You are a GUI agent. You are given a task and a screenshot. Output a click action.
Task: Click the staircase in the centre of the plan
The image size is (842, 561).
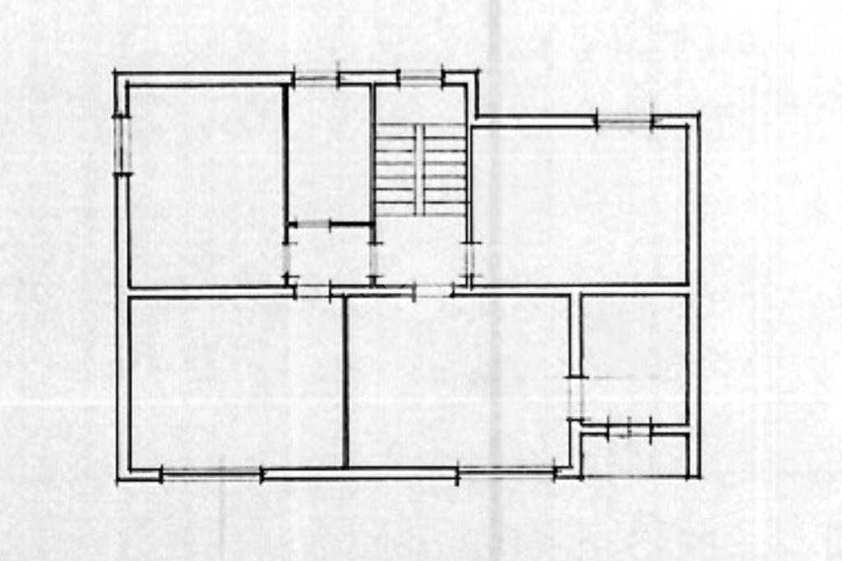pyautogui.click(x=419, y=169)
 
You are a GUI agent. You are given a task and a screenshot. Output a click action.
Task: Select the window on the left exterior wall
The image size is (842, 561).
pyautogui.click(x=123, y=145)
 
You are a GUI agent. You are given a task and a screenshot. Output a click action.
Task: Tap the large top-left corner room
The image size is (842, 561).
pyautogui.click(x=206, y=185)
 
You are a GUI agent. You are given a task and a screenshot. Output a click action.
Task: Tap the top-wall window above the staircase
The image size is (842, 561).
pyautogui.click(x=420, y=78)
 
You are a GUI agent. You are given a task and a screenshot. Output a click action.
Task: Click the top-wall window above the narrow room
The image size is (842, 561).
pyautogui.click(x=316, y=79)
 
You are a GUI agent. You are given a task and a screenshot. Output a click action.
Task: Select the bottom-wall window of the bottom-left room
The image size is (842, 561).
pyautogui.click(x=210, y=474)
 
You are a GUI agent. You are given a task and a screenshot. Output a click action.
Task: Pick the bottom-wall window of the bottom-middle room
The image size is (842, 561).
pyautogui.click(x=506, y=473)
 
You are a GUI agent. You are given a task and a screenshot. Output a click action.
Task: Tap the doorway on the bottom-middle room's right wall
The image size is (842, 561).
pyautogui.click(x=575, y=397)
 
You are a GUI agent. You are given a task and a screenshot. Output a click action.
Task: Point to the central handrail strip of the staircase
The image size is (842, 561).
pyautogui.click(x=419, y=169)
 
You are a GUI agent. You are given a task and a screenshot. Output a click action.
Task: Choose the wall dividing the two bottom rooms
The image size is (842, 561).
pyautogui.click(x=345, y=382)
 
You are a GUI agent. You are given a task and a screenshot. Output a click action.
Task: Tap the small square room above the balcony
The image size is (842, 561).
pyautogui.click(x=634, y=358)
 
